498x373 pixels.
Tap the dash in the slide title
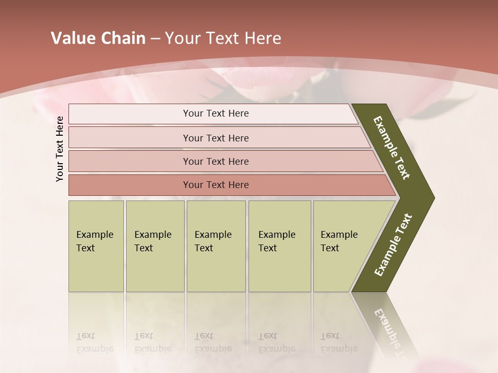(155, 39)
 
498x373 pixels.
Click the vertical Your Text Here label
(60, 149)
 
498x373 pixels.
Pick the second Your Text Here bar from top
(216, 138)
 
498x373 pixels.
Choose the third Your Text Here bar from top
(216, 161)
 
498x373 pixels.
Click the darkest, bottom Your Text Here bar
(216, 185)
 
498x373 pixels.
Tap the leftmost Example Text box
(96, 246)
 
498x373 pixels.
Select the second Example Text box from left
(155, 246)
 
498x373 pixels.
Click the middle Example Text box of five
(216, 246)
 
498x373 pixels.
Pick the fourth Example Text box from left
(280, 246)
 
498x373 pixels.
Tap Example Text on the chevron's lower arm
(393, 245)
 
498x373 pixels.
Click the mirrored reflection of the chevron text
(389, 332)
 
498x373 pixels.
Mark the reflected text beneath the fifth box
(339, 342)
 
